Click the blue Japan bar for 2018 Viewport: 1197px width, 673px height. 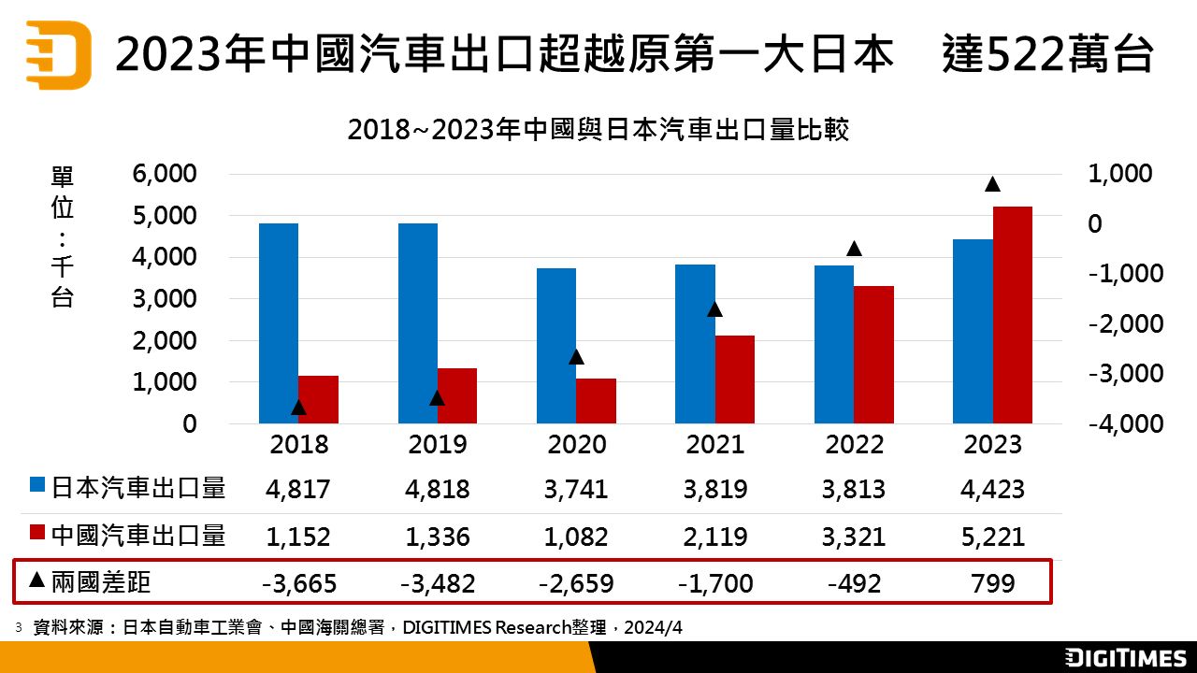pyautogui.click(x=279, y=323)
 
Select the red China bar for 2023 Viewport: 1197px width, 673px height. pyautogui.click(x=1013, y=315)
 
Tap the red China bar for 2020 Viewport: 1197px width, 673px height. pyautogui.click(x=596, y=401)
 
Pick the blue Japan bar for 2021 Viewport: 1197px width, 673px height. pyautogui.click(x=695, y=344)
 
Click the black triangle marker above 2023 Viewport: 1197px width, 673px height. pyautogui.click(x=993, y=184)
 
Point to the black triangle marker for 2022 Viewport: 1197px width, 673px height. pyautogui.click(x=854, y=249)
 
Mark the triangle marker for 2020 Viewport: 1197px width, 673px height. pyautogui.click(x=576, y=357)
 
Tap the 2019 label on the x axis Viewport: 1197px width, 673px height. pyautogui.click(x=438, y=444)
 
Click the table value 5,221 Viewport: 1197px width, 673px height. pyautogui.click(x=993, y=537)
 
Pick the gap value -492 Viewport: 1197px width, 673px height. pyautogui.click(x=854, y=584)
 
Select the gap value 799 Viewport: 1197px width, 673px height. pyautogui.click(x=993, y=584)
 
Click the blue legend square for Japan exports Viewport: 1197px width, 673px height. pyautogui.click(x=37, y=486)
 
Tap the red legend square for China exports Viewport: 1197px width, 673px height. pyautogui.click(x=37, y=533)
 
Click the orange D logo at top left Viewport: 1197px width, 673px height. pyautogui.click(x=58, y=54)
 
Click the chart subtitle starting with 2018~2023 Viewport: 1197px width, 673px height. pyautogui.click(x=598, y=129)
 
